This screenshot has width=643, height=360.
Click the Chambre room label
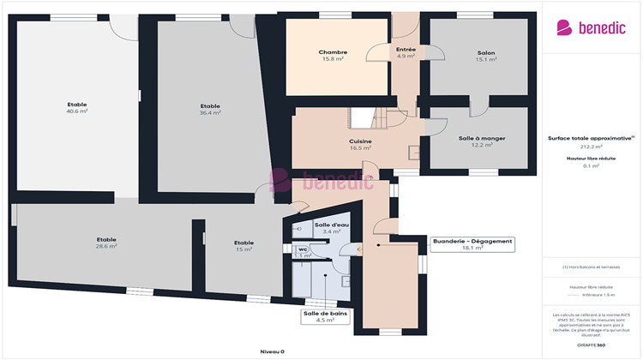pos(333,52)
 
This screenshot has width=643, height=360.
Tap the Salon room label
pos(486,52)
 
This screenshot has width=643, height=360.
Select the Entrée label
pos(406,50)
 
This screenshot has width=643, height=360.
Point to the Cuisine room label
pos(359,141)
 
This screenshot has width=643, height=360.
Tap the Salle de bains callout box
pos(325,316)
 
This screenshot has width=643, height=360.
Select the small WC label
pos(303,249)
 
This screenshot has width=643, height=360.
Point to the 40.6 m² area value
pos(77,111)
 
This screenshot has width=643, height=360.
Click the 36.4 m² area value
pos(210,112)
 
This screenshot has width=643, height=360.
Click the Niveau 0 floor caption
pos(272,351)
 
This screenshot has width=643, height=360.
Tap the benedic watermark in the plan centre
pos(321,180)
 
